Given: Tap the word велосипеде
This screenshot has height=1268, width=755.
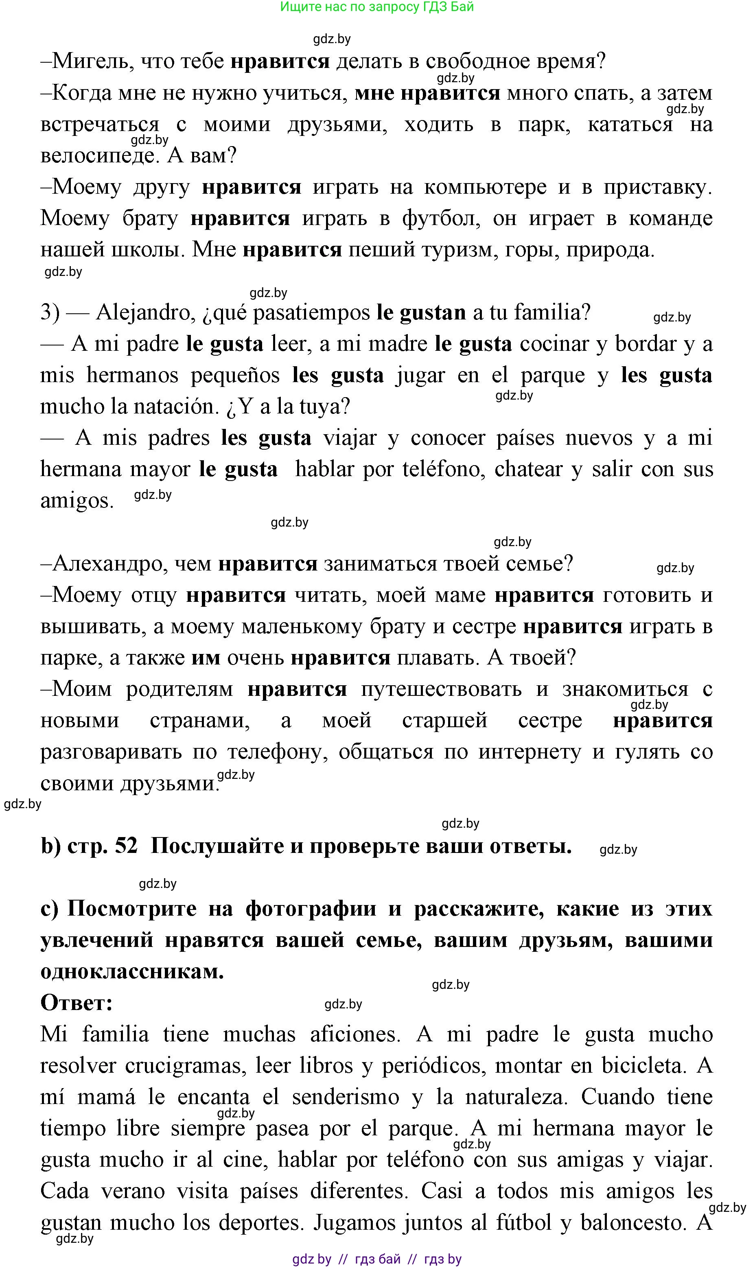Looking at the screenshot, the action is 97,155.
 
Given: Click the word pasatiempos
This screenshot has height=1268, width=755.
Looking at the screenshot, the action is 311,312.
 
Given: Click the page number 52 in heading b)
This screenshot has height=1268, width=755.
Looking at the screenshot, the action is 126,846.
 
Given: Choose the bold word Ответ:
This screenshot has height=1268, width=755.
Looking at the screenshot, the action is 77,1003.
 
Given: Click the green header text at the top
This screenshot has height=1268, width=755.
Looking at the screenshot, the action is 377,7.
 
